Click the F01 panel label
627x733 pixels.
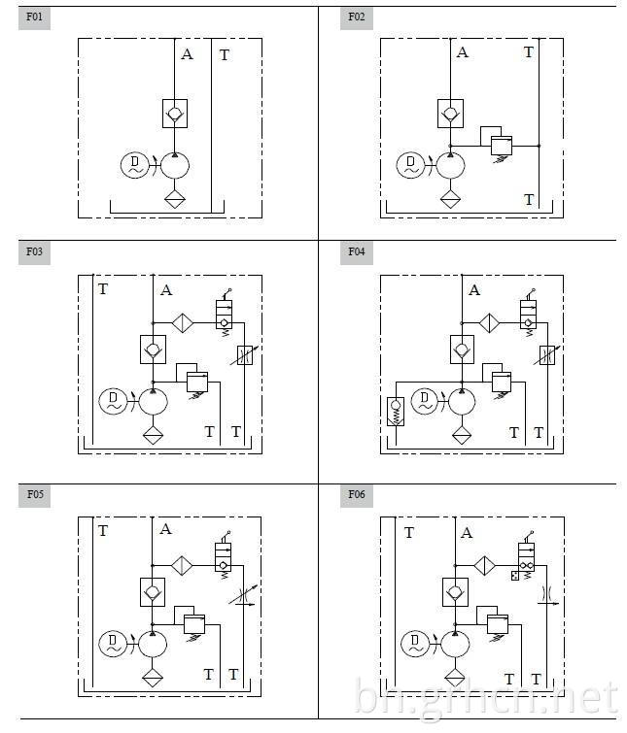pyautogui.click(x=34, y=17)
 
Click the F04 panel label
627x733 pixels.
pyautogui.click(x=356, y=252)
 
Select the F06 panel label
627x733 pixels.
pyautogui.click(x=356, y=495)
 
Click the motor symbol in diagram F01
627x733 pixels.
pyautogui.click(x=135, y=165)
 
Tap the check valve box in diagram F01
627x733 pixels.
pyautogui.click(x=175, y=114)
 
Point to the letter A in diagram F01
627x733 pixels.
pyautogui.click(x=187, y=54)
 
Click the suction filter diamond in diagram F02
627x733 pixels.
pyautogui.click(x=451, y=199)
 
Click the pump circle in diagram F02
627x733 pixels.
pyautogui.click(x=451, y=165)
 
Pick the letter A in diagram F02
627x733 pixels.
pyautogui.click(x=463, y=52)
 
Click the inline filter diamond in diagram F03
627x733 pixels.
pyautogui.click(x=183, y=323)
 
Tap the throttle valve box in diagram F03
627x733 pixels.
pyautogui.click(x=245, y=355)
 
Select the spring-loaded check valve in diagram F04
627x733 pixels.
pyautogui.click(x=396, y=412)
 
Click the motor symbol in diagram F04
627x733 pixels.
pyautogui.click(x=425, y=402)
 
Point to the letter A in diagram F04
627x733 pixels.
pyautogui.click(x=474, y=290)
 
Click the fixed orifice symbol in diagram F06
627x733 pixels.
pyautogui.click(x=547, y=594)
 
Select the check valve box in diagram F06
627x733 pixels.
pyautogui.click(x=455, y=592)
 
